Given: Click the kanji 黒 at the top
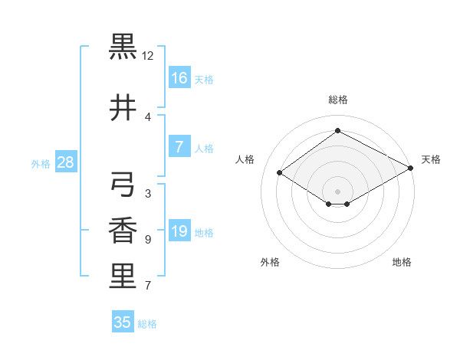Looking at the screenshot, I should tap(123, 47).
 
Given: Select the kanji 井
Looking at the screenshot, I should tap(123, 108).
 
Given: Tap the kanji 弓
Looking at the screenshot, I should tap(123, 185).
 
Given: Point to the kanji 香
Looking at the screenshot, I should tap(123, 231).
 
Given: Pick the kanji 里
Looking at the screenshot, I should tap(123, 277).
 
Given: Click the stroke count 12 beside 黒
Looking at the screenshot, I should tap(148, 56).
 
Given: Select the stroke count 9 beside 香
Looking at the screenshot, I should tap(147, 240).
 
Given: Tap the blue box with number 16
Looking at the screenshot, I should tap(179, 78).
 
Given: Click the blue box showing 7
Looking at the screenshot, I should tap(179, 147).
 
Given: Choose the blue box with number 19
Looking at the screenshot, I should tap(179, 231).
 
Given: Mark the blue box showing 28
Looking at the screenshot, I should tap(65, 162).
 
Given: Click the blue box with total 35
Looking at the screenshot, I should tap(123, 322).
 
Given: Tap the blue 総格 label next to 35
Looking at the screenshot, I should tap(147, 324).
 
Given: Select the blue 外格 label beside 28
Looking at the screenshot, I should tap(41, 163).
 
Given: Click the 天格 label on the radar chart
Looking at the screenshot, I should tap(431, 159).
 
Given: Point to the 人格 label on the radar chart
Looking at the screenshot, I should tap(245, 159).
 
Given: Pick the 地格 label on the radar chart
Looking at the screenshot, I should tap(402, 262).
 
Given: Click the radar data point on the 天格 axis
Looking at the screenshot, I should tap(411, 169).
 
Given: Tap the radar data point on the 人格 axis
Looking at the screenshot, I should tap(280, 172).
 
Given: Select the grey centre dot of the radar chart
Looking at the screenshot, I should tap(337, 191).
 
